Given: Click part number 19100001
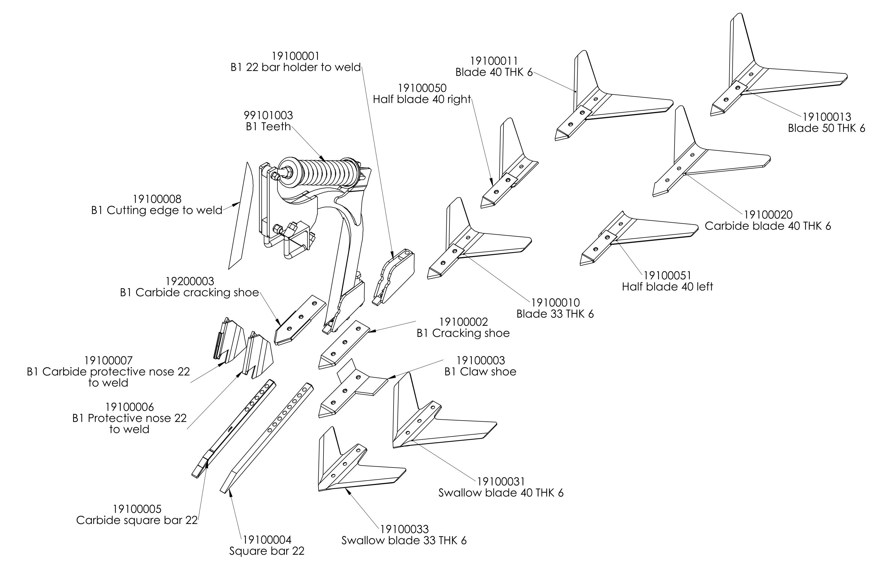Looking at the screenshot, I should point(295,56).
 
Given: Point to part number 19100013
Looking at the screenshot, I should point(826,117).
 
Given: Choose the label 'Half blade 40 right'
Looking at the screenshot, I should point(422,100).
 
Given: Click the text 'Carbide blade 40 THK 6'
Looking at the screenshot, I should point(768,226).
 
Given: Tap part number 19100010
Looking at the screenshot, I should point(555,302).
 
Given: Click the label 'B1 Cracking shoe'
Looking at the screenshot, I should point(463,333).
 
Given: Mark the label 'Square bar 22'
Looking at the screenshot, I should point(267,551).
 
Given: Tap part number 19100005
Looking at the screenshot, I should point(137,509).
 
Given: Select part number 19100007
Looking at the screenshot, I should point(108,361).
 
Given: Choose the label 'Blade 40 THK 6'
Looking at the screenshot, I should point(494,72).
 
